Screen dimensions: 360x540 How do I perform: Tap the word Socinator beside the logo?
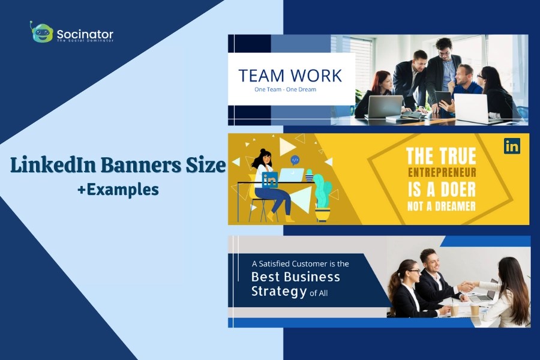(x=85, y=33)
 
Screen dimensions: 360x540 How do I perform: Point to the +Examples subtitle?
(x=118, y=190)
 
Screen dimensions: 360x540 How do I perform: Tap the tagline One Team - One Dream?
(x=285, y=90)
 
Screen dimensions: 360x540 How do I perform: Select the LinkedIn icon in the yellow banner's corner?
(x=512, y=146)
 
